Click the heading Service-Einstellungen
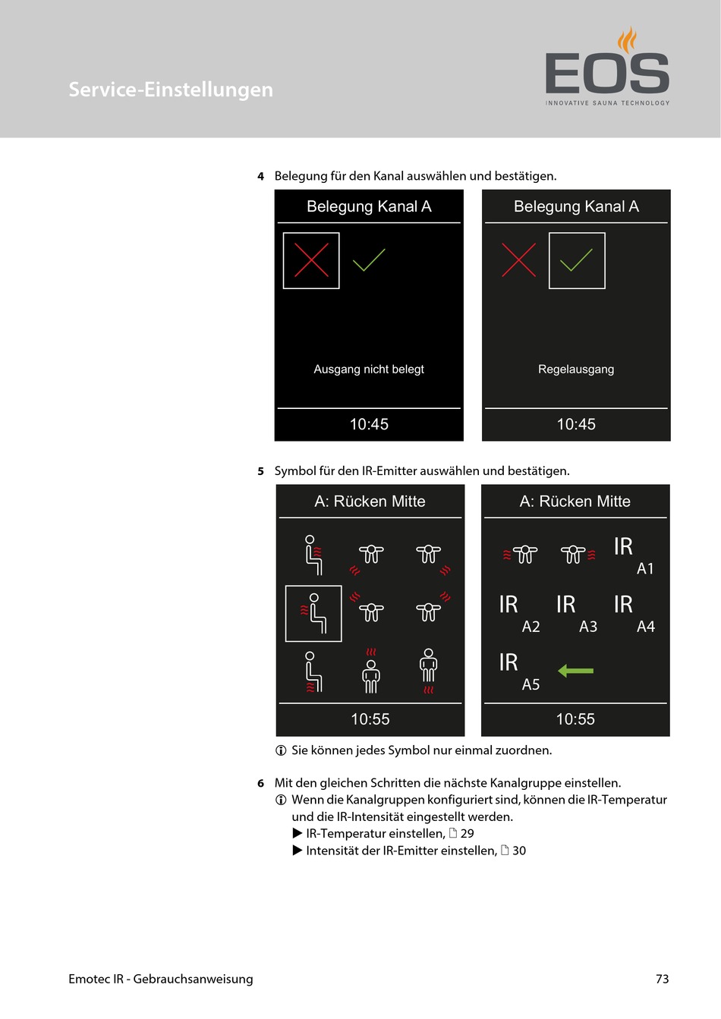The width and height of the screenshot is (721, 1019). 171,90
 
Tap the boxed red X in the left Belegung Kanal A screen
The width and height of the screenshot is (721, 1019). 311,260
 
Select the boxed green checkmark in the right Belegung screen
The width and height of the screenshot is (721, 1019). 577,260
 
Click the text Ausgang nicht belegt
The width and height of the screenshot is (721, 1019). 369,370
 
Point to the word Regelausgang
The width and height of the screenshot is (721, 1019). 576,370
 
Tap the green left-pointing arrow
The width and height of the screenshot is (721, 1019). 575,671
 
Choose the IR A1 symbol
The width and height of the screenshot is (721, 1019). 633,555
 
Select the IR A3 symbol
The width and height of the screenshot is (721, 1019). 576,613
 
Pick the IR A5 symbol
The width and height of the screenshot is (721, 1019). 519,671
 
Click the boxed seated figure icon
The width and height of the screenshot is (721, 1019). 313,613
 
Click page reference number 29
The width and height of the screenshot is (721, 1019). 467,833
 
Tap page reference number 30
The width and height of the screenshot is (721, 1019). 519,851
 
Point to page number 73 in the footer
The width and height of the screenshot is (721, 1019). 662,979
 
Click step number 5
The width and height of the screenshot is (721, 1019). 260,471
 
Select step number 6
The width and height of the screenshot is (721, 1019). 260,783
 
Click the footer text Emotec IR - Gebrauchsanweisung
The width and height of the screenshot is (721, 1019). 161,979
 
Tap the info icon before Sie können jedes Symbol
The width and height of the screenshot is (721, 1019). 281,750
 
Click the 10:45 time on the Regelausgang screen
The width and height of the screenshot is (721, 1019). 576,424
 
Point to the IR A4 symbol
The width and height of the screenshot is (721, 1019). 634,613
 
